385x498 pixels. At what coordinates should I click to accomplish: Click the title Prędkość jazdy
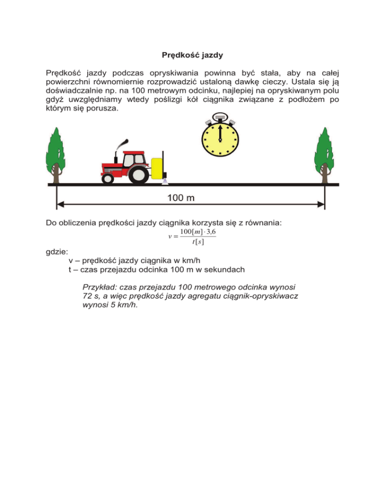point(192,54)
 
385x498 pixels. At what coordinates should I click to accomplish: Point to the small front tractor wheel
point(107,178)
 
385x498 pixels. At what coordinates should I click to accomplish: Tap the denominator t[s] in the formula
point(197,242)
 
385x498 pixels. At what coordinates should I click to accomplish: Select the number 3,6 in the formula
point(209,232)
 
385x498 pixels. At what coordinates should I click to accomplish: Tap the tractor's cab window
point(129,159)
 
